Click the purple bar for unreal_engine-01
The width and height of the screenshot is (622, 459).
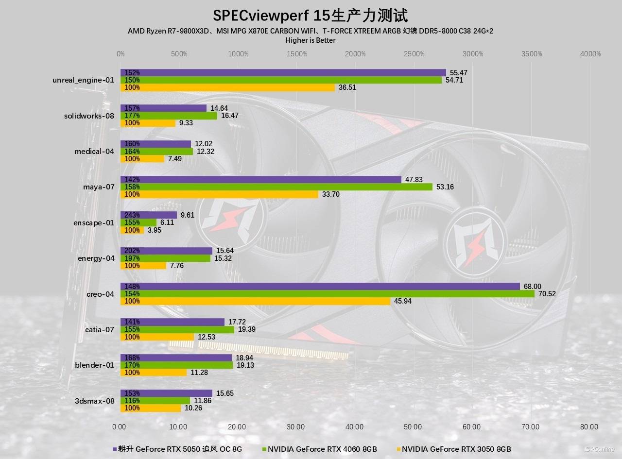point(283,73)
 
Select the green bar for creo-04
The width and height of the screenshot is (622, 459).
point(327,294)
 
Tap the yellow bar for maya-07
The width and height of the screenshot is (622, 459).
point(219,194)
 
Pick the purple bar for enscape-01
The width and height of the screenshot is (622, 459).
point(149,215)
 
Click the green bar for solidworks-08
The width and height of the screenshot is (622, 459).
point(169,116)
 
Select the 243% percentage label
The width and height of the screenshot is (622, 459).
point(132,215)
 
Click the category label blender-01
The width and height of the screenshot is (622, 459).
point(94,365)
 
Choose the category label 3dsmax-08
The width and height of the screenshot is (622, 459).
point(94,401)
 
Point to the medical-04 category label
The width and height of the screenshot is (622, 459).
point(94,152)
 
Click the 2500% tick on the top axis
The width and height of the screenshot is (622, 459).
point(414,54)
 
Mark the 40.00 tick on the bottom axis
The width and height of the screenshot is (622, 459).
point(354,427)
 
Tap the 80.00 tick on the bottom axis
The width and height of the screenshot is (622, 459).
point(589,427)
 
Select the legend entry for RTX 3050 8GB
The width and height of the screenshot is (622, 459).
point(456,449)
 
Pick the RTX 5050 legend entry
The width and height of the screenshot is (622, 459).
point(180,449)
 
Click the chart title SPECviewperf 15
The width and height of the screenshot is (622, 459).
point(304,16)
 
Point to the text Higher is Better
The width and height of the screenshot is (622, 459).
point(311,40)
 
